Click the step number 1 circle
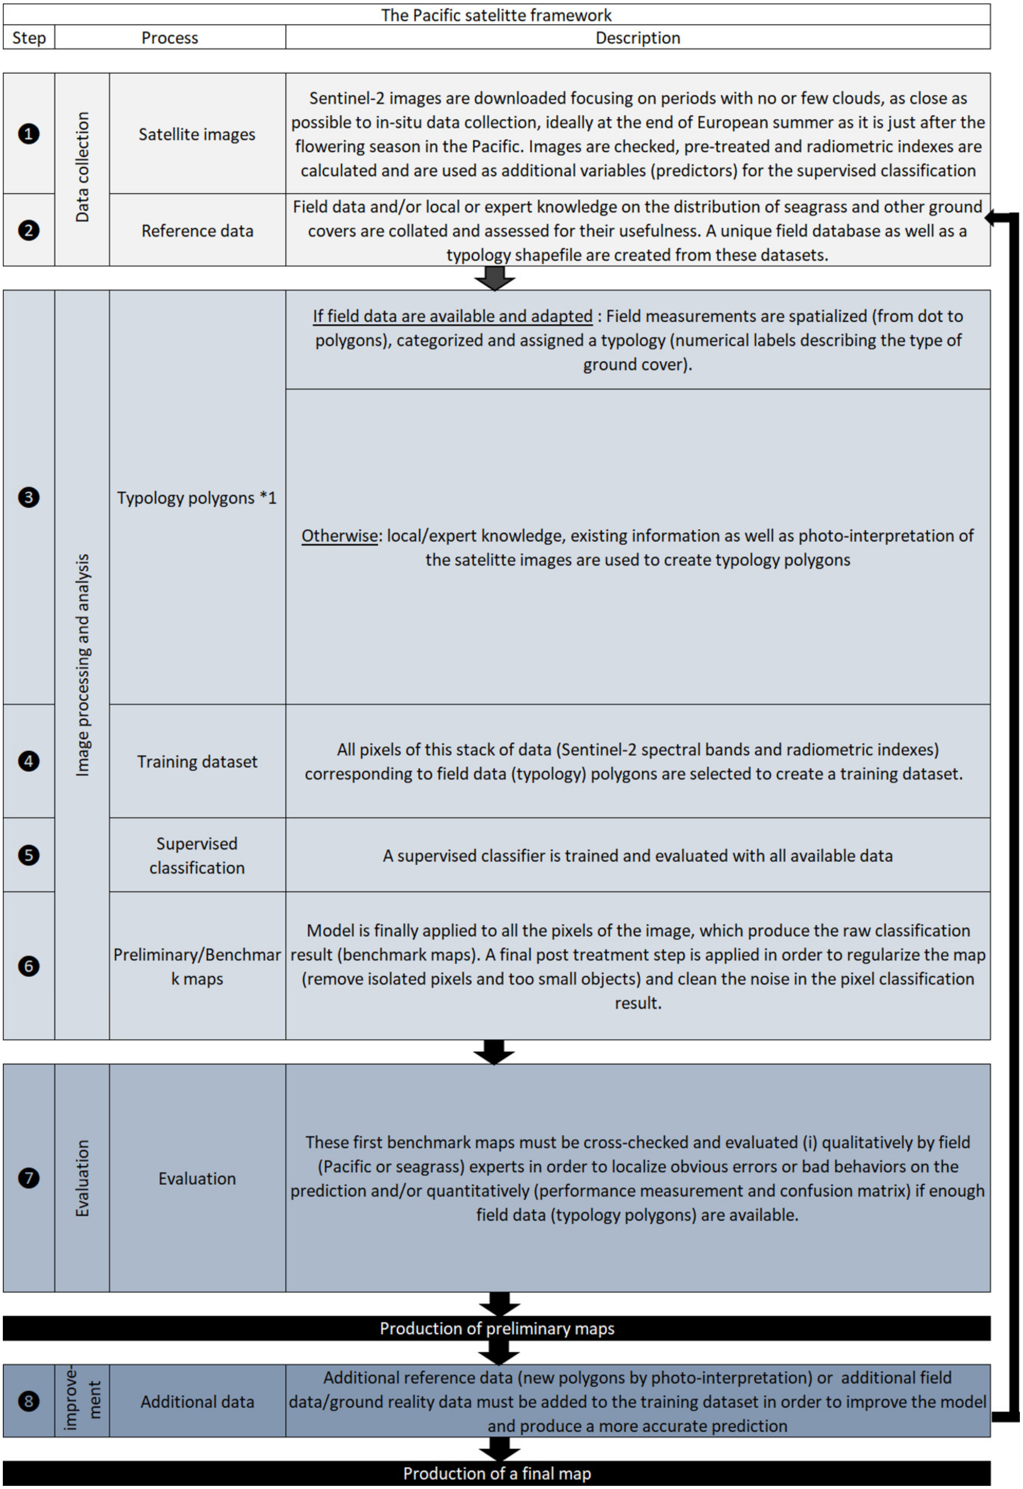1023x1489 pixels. [28, 134]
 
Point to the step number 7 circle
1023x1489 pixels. [28, 1177]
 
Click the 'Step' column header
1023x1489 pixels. [29, 38]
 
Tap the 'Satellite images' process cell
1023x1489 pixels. [197, 134]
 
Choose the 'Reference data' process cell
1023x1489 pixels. [197, 231]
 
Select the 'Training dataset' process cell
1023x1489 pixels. [197, 761]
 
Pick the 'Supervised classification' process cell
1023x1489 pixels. [197, 855]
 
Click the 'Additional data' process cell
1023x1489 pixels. [197, 1402]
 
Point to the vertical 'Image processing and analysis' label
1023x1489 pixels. [82, 665]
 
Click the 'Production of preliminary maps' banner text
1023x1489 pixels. [497, 1329]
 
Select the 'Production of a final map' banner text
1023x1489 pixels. [497, 1474]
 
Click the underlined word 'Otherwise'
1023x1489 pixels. [340, 536]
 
